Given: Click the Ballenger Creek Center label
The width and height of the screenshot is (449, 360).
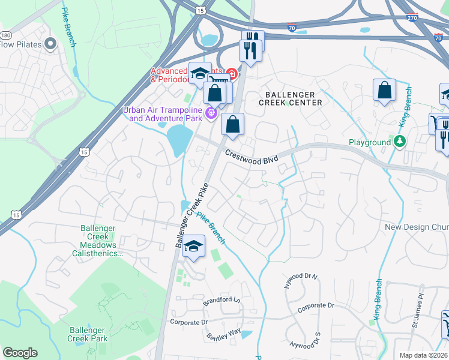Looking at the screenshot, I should [x=291, y=98].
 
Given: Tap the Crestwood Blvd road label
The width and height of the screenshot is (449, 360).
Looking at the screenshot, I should [x=252, y=157].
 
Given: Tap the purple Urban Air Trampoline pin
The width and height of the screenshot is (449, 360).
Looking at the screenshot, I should [x=211, y=112].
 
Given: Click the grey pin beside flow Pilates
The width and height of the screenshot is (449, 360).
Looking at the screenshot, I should [x=50, y=44].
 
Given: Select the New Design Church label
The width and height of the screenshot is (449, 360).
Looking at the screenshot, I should [x=416, y=227].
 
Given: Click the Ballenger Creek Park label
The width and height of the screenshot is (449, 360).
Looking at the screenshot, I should [x=88, y=334].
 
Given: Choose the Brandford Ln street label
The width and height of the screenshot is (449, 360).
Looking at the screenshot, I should [x=221, y=299].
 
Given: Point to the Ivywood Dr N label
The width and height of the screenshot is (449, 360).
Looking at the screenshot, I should [x=301, y=281].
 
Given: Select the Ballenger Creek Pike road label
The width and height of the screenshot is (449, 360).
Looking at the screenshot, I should [x=191, y=214].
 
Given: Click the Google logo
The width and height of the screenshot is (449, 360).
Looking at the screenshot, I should [x=20, y=353].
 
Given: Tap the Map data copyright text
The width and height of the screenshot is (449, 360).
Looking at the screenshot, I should [x=423, y=355].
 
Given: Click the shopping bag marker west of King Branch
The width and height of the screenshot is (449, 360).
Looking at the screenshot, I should [x=384, y=91].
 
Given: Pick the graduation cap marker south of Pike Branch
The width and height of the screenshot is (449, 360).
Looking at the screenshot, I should [x=193, y=247].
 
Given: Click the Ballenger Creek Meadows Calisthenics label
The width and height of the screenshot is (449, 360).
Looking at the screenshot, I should [x=101, y=240].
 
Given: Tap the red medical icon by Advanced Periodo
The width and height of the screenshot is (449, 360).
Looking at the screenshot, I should [x=230, y=74].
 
